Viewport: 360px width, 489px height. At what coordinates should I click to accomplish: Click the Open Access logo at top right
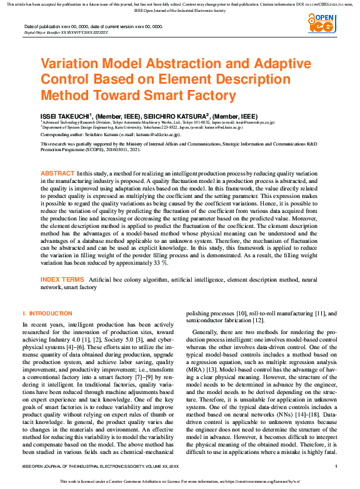tap(322, 24)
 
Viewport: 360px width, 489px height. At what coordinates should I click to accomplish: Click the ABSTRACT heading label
tap(57, 173)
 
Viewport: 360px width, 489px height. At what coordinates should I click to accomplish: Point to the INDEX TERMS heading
tap(62, 279)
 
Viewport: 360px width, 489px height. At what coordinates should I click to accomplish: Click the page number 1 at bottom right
tap(336, 467)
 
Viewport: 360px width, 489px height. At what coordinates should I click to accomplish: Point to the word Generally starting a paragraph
tap(206, 332)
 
